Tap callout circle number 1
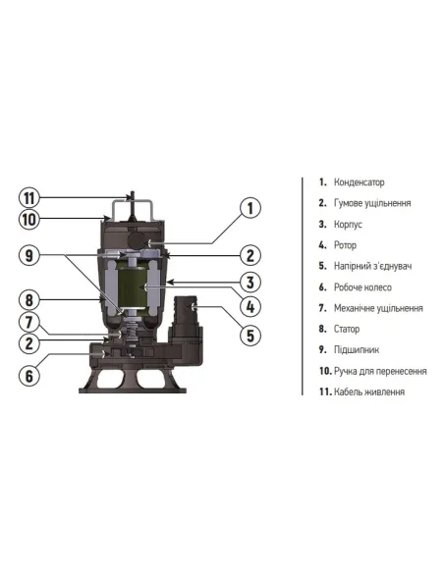click(250, 207)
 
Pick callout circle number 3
click(250, 283)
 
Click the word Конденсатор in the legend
click(359, 182)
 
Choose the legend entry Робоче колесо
click(362, 287)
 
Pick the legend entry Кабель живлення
click(368, 391)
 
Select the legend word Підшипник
click(355, 350)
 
